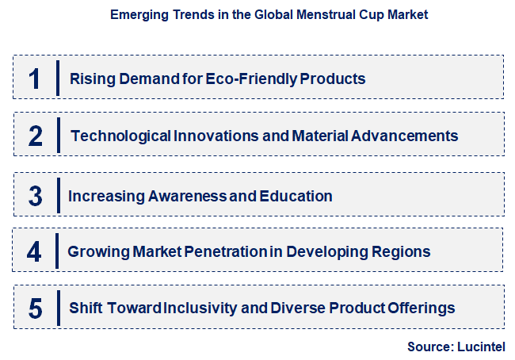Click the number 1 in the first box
tap(34, 79)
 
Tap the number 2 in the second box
tap(35, 136)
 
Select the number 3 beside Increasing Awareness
tap(34, 196)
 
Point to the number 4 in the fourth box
tap(34, 252)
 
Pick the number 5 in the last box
tap(34, 308)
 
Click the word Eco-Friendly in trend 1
tap(238, 79)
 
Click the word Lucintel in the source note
tap(480, 347)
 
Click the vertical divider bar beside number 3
tap(58, 196)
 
